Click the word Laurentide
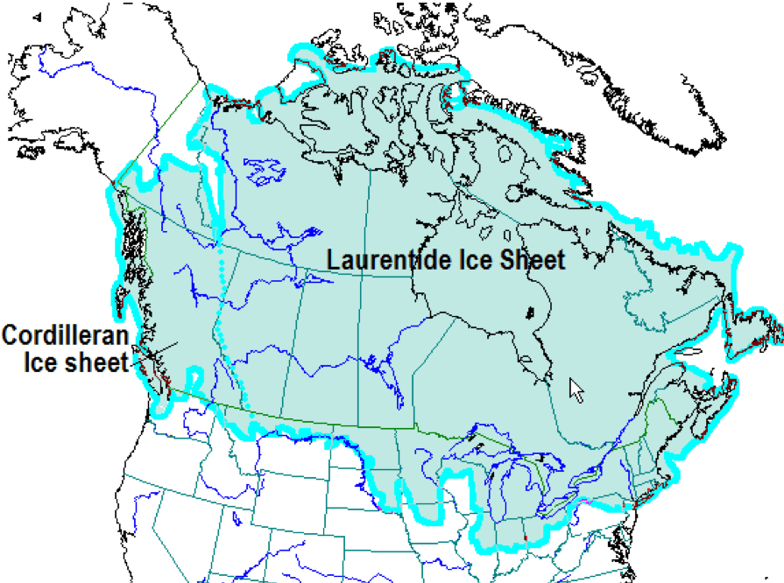tap(382, 260)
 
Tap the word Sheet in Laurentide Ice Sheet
tap(527, 260)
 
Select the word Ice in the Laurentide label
tap(463, 260)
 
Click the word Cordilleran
tap(65, 336)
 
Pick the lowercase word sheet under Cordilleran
tap(97, 361)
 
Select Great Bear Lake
tap(262, 172)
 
